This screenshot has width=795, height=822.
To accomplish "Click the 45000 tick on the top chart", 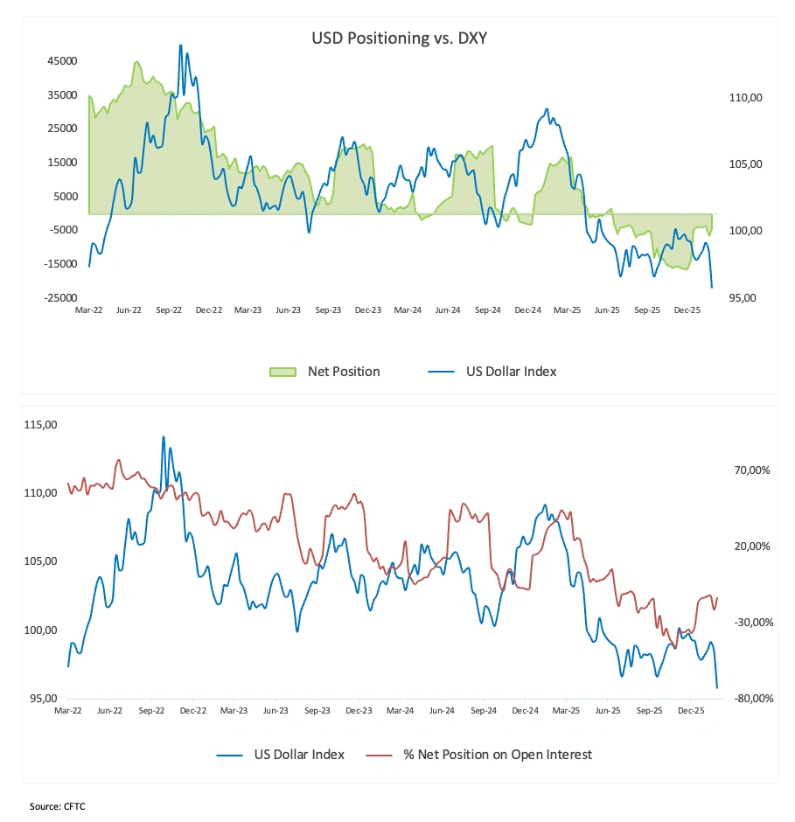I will pos(63,61).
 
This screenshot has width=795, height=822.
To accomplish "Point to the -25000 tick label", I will pos(61,298).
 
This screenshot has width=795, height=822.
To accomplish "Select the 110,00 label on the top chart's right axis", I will pos(745,98).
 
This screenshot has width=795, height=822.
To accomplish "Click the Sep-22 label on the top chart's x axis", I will pos(169,310).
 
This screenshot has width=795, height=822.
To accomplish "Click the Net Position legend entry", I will pos(344,372).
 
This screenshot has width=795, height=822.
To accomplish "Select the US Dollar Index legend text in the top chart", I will pos(511,372).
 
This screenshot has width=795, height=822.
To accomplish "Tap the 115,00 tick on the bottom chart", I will pos(40,425).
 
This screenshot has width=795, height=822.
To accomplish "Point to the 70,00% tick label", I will pos(752,470).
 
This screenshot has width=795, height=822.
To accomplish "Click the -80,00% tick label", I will pos(750,699).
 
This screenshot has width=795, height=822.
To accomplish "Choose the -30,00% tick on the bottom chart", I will pos(750,623).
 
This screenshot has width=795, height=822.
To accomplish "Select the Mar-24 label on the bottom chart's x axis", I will pos(400,712).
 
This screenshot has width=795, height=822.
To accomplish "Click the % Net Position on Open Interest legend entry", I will pos(498,755).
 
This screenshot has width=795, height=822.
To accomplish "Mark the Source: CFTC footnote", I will pos(57,806).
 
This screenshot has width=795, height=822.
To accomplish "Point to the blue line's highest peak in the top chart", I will pos(180,45).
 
